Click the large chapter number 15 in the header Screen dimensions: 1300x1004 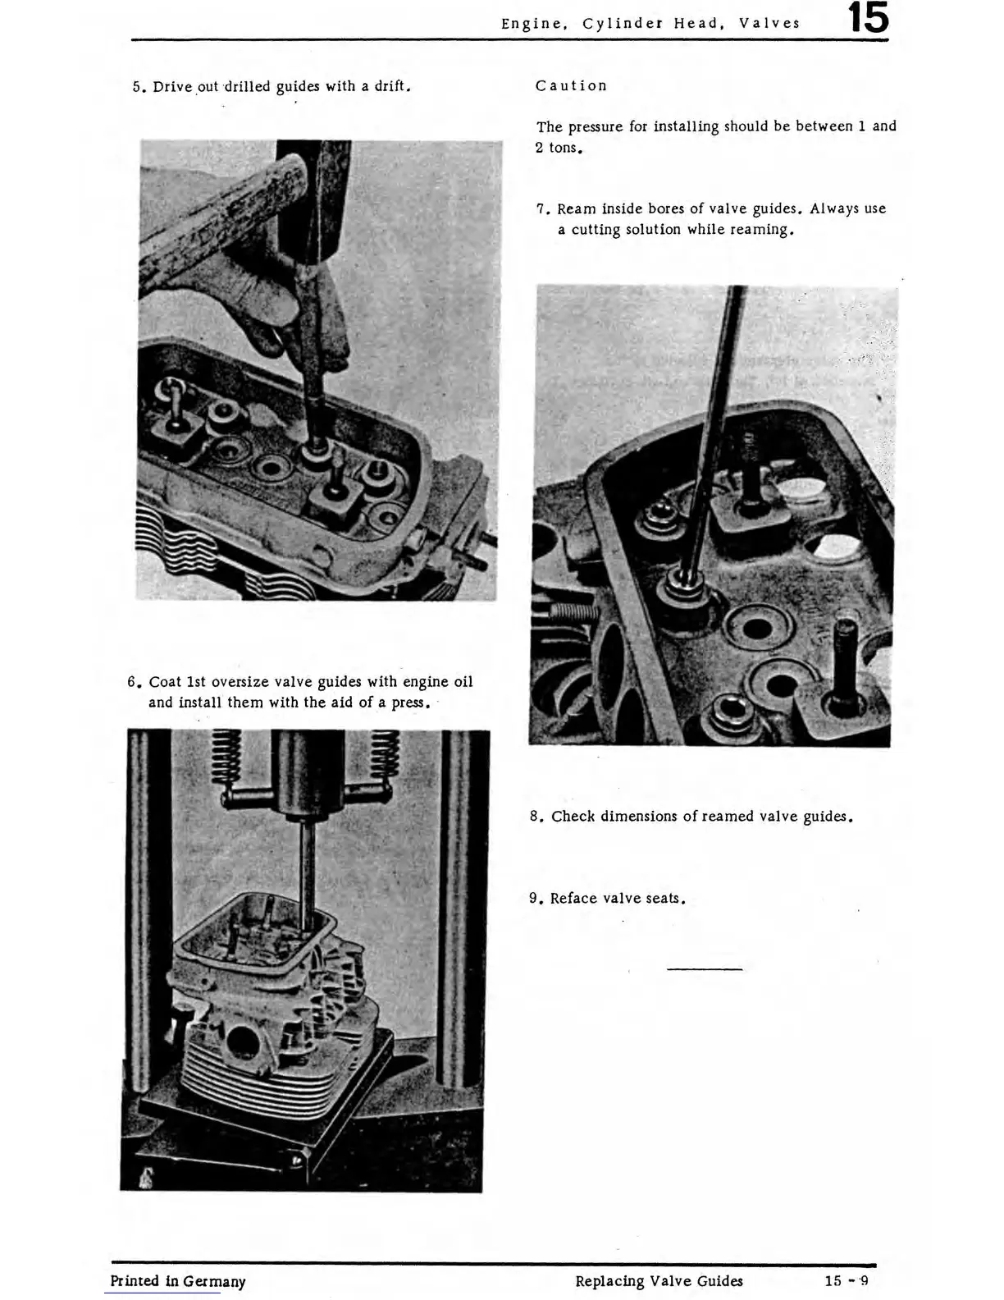[868, 19]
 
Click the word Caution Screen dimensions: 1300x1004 [571, 86]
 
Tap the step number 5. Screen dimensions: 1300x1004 [137, 87]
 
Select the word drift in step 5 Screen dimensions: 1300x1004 [389, 87]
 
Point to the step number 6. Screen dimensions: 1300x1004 [132, 682]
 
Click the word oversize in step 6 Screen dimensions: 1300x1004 [240, 682]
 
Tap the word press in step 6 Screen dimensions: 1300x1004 [408, 703]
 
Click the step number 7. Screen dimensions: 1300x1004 [541, 209]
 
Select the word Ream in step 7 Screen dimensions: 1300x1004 [576, 209]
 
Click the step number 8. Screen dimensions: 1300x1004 [536, 817]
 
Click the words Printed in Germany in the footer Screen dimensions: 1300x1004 [178, 1281]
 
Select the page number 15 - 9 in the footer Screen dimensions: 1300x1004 [847, 1281]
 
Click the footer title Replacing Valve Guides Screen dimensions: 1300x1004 [659, 1281]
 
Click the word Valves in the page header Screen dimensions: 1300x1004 [769, 24]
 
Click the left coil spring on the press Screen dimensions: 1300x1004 [227, 758]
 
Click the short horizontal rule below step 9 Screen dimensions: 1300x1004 [705, 969]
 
